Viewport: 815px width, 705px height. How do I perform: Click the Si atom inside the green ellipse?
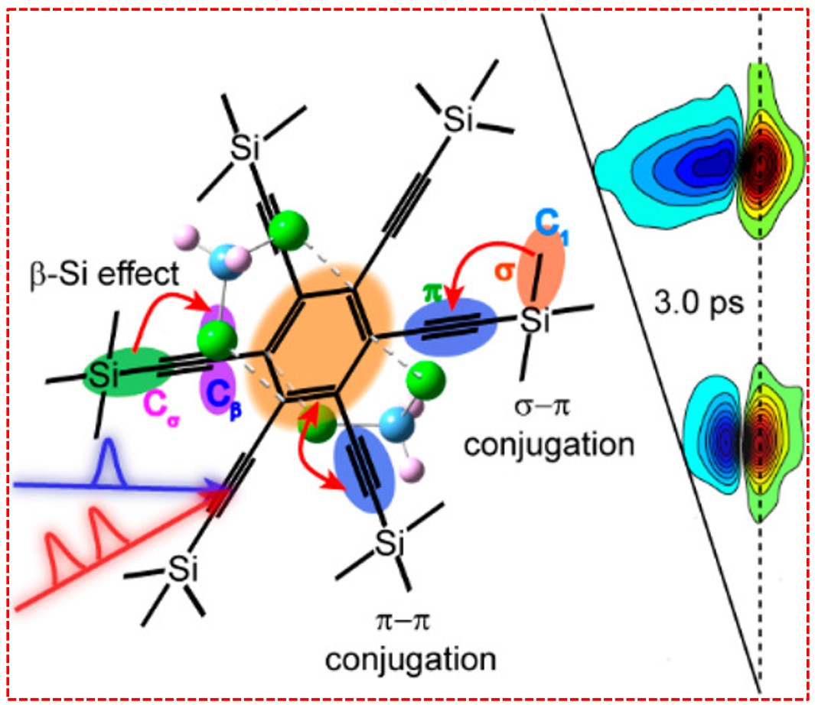[100, 375]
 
